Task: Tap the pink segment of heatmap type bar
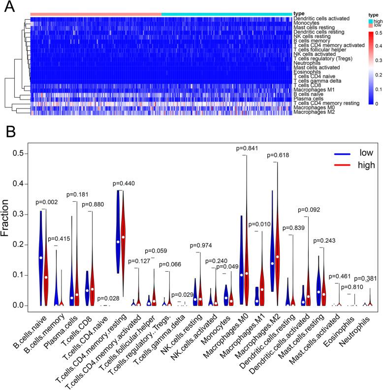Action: [96, 14]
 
